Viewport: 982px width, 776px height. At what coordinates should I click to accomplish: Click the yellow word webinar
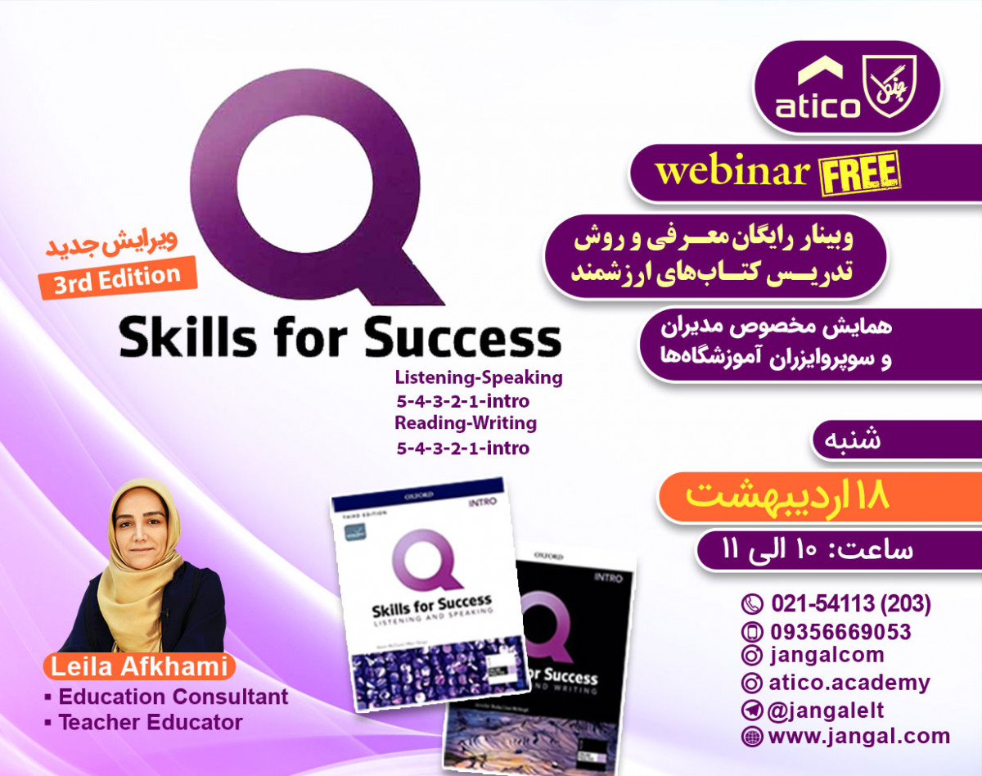point(732,172)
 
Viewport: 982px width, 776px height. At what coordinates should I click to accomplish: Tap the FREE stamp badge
point(858,174)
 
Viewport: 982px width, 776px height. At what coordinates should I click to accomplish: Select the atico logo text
point(819,106)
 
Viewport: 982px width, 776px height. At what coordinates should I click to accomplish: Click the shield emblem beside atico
point(890,85)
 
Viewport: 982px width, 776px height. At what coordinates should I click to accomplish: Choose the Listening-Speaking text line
point(478,377)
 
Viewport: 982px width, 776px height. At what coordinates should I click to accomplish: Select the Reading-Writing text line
point(466,423)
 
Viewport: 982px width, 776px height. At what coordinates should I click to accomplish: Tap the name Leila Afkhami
point(138,666)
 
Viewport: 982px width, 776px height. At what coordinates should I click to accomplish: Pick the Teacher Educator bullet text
point(151,723)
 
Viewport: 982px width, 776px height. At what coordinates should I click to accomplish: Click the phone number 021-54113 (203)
point(850,604)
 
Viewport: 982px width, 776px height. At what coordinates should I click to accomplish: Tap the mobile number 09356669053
point(840,631)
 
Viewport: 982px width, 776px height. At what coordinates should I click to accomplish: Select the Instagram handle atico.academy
point(849,683)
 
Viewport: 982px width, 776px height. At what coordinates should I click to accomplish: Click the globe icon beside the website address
point(750,736)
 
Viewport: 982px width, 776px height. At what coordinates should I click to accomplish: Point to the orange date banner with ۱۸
point(786,496)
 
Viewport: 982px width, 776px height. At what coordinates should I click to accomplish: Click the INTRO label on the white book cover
point(481,503)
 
